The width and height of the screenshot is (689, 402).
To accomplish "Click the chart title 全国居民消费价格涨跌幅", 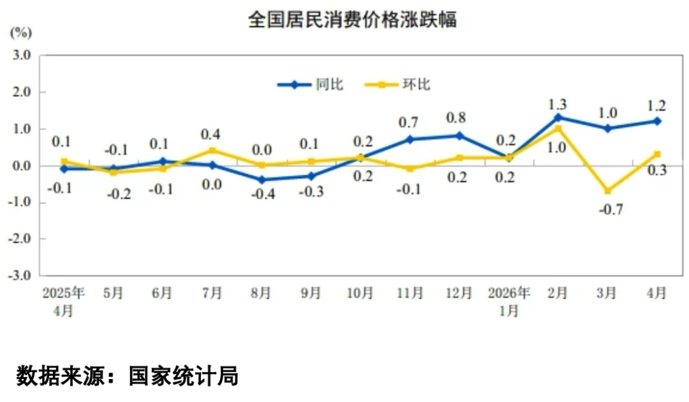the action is [352, 19].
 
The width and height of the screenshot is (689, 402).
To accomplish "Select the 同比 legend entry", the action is [310, 84].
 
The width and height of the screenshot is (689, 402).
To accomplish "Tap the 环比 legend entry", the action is [397, 84].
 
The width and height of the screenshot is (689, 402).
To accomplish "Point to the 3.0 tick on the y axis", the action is [20, 56].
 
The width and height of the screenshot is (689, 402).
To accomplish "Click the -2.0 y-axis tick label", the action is [19, 239].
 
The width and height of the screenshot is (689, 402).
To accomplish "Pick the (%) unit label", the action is [20, 33].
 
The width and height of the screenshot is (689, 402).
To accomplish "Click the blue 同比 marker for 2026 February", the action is [558, 117].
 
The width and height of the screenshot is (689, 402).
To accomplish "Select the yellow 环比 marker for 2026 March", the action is [608, 191].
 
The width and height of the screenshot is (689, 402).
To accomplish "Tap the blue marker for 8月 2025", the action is [262, 180].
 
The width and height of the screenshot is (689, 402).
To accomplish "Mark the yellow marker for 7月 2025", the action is [212, 151].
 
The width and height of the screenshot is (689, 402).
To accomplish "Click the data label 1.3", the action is [558, 105].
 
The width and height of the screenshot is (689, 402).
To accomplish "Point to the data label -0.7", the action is [611, 209].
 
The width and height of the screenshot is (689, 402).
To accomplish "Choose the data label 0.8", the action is [456, 118].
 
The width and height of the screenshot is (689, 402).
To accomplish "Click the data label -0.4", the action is [263, 194].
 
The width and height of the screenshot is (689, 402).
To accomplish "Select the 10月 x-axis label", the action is [360, 293].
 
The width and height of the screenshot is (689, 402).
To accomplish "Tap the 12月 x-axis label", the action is [459, 293].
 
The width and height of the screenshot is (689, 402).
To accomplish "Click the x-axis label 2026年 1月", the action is [509, 302].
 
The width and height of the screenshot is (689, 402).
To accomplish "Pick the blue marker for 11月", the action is [410, 140].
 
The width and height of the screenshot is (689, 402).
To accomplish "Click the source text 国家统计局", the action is [184, 376].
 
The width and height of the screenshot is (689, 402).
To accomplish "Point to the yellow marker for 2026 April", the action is [657, 154].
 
